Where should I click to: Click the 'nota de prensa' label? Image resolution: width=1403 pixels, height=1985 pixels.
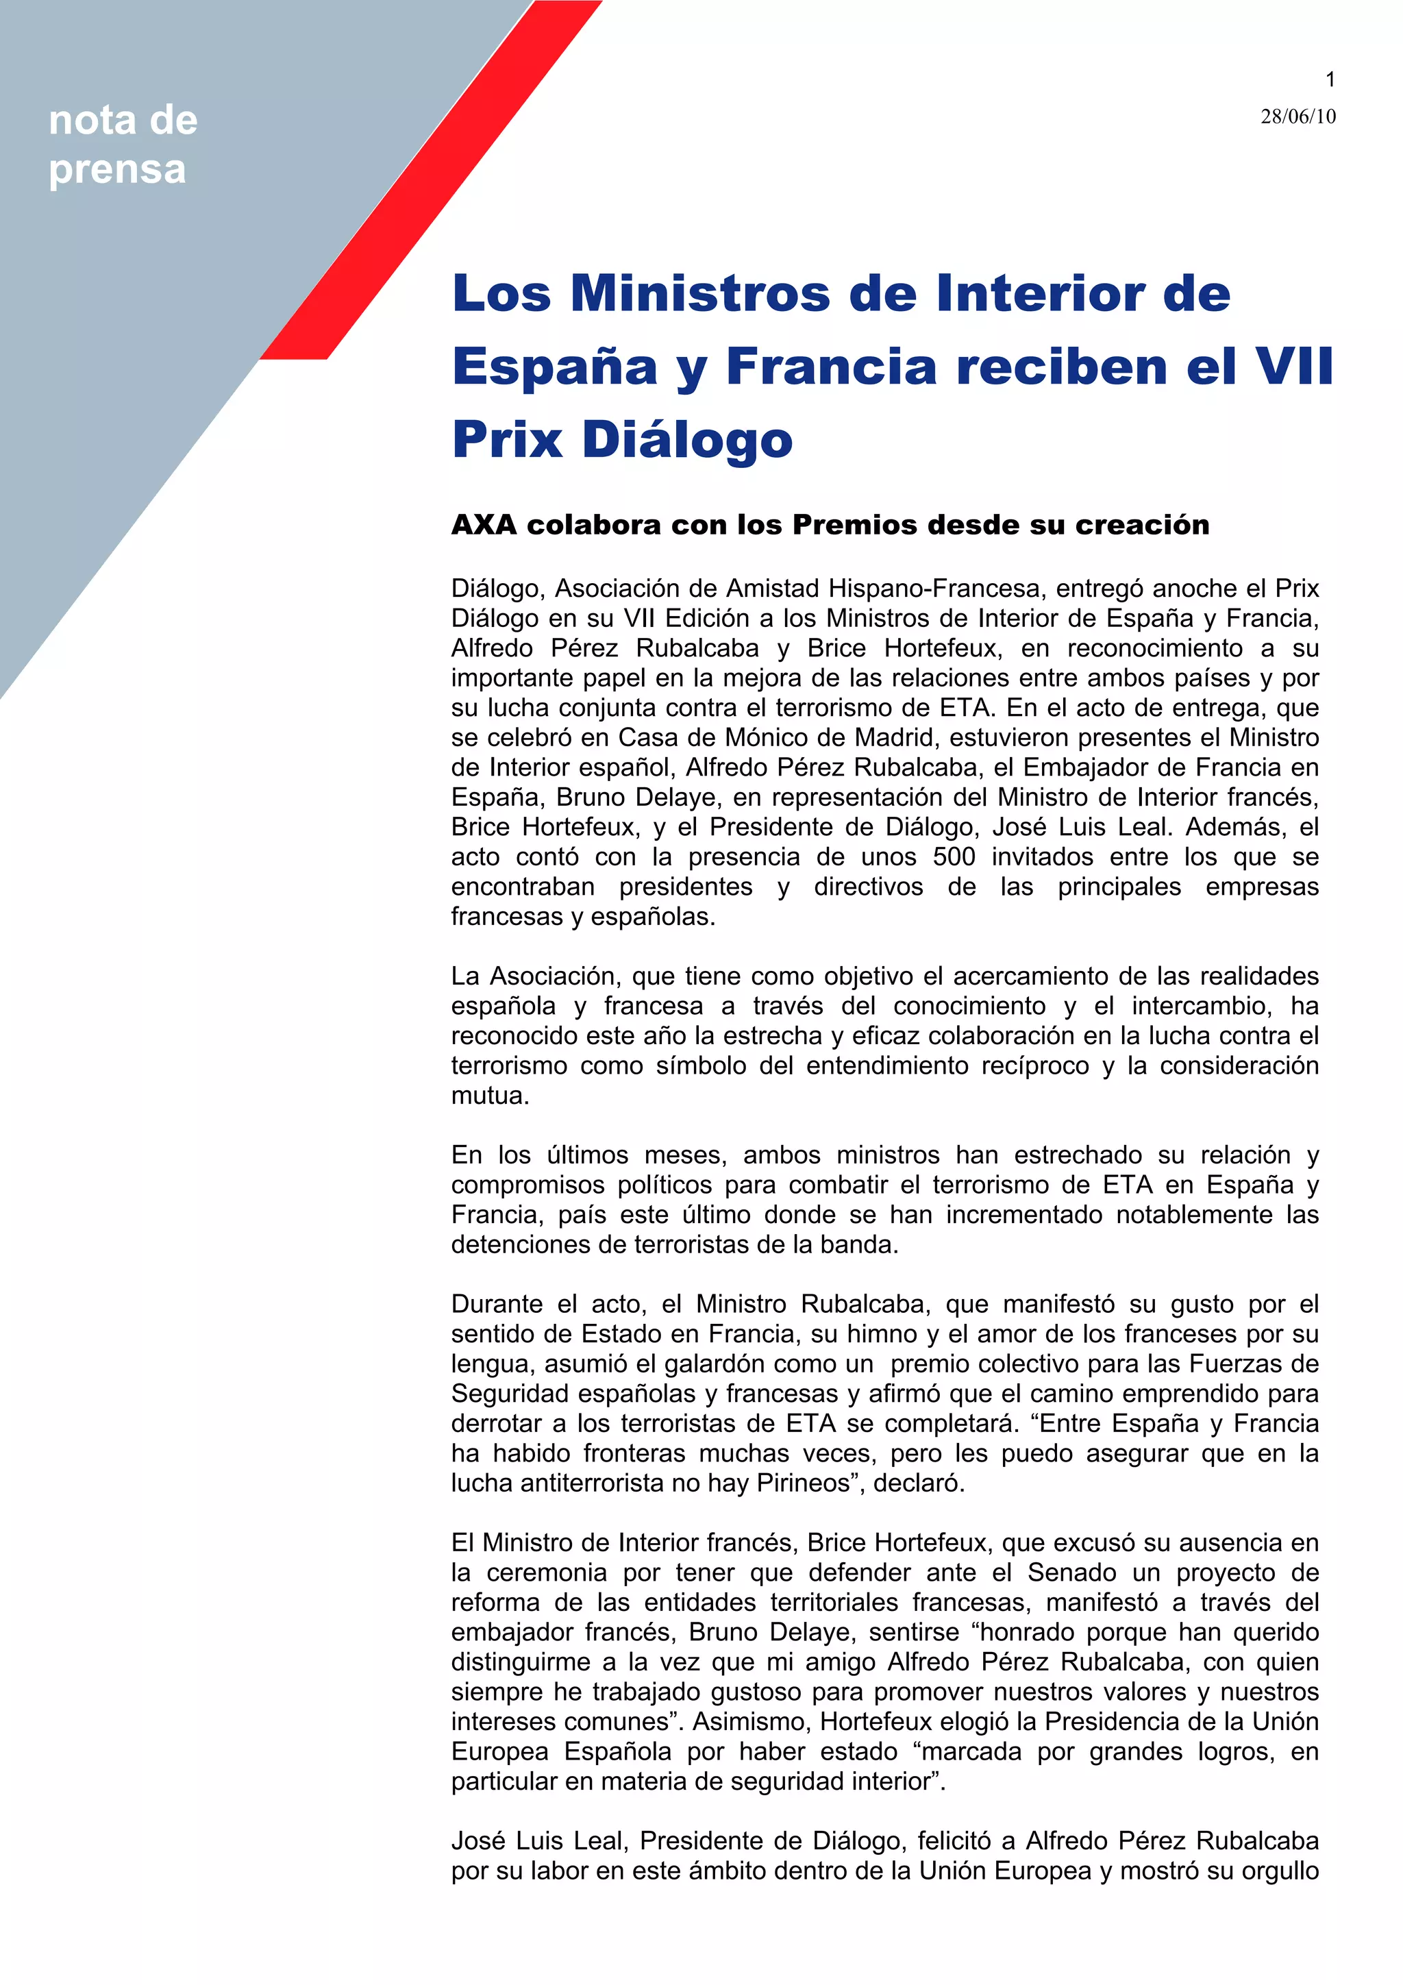(123, 145)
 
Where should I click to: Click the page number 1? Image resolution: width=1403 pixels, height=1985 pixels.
(1330, 79)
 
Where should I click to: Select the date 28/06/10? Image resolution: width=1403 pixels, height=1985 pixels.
(1297, 116)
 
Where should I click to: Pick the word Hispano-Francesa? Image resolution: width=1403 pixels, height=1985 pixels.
(934, 589)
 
